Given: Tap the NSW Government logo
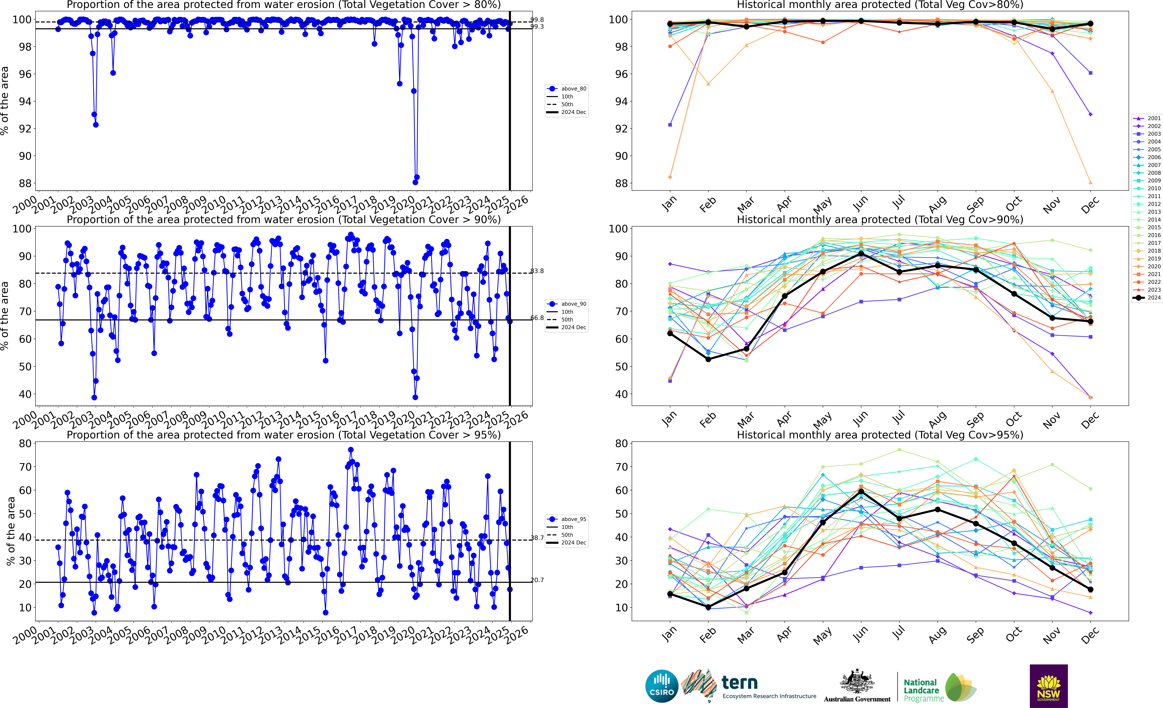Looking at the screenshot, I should (x=1048, y=686).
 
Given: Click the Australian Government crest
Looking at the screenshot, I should (x=857, y=682).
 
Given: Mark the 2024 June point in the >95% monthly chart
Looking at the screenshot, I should (x=861, y=491).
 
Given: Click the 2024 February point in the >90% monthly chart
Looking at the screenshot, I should (x=708, y=359).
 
